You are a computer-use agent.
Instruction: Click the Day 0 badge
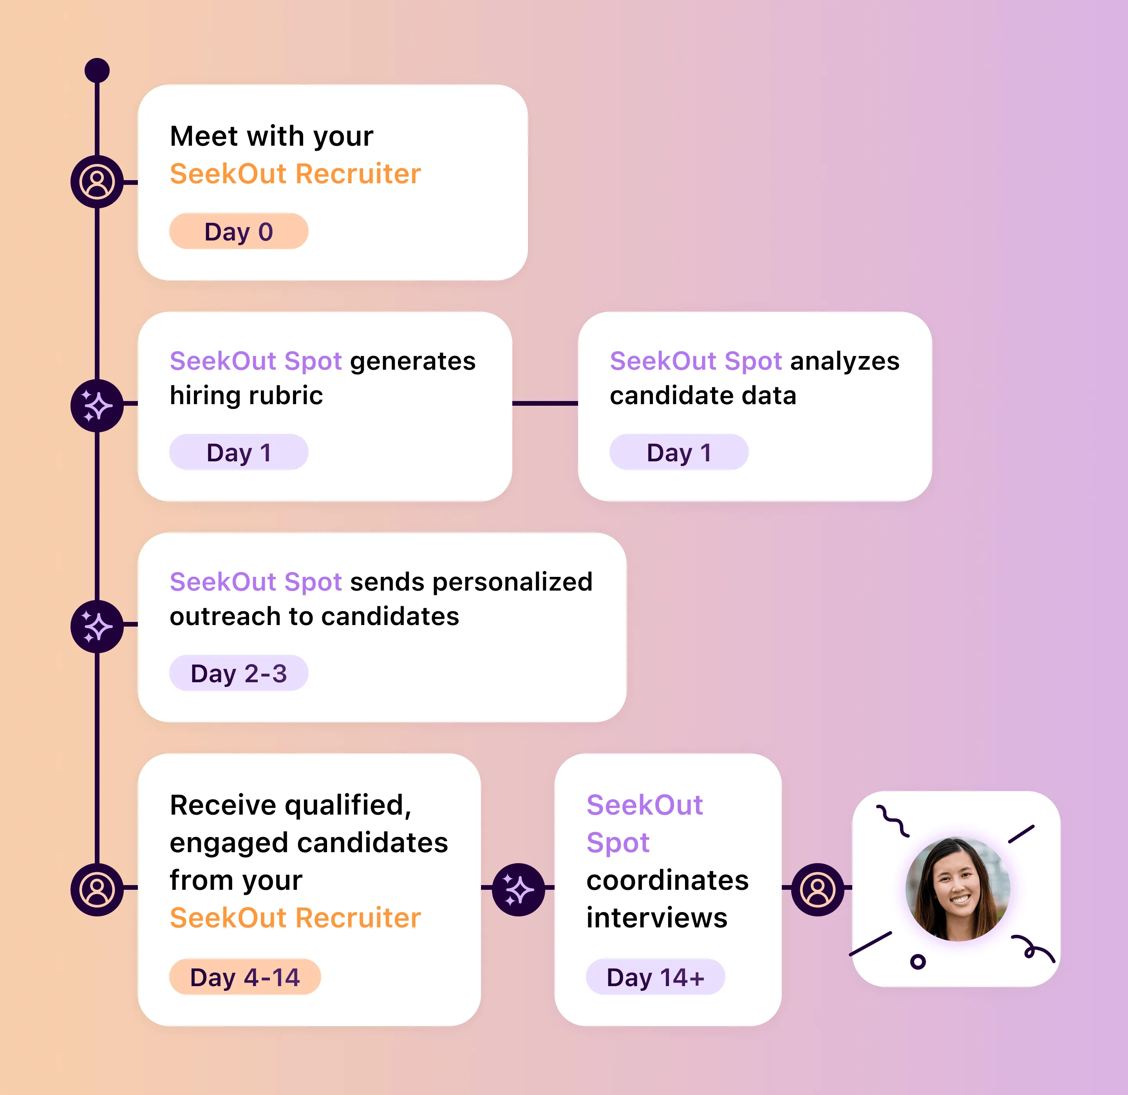click(238, 231)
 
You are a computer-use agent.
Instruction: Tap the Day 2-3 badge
click(238, 673)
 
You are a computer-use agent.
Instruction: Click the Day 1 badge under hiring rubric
click(238, 452)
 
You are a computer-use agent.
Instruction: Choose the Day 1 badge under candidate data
click(678, 452)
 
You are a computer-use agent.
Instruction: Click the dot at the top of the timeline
click(97, 70)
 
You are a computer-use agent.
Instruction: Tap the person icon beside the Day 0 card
click(97, 182)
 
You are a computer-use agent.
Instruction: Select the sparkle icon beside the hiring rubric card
click(97, 406)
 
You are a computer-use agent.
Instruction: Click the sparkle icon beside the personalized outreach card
click(97, 626)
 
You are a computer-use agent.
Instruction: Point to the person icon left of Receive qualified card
click(97, 889)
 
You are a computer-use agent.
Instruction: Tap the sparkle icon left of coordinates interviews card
click(519, 889)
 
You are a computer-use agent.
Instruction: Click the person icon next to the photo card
click(817, 889)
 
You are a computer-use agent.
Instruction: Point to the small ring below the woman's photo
click(918, 961)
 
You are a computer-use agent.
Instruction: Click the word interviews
click(657, 917)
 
